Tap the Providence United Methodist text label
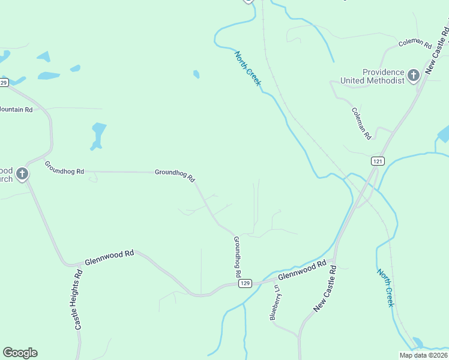click(372, 76)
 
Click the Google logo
click(20, 353)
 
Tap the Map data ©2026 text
click(423, 355)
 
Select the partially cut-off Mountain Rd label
click(16, 110)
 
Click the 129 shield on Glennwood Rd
click(244, 283)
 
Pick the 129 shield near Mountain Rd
click(4, 83)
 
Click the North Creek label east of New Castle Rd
click(385, 287)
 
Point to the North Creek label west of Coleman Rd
click(247, 68)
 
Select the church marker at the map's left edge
click(22, 175)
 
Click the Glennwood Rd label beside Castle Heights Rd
click(109, 257)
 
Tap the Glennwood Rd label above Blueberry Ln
click(302, 270)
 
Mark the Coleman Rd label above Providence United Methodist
click(415, 44)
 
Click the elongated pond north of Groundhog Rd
click(97, 135)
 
